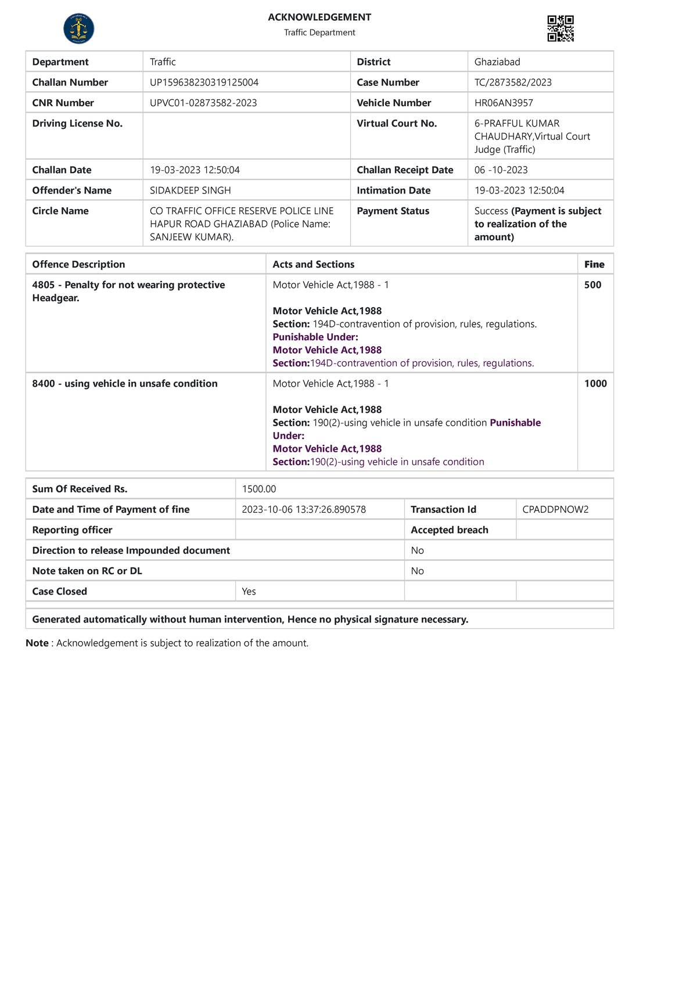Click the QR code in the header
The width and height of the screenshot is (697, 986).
click(x=561, y=28)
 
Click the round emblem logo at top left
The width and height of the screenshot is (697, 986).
click(x=78, y=28)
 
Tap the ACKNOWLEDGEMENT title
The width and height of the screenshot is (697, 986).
click(x=319, y=17)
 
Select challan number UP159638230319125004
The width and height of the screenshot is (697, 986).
click(x=204, y=82)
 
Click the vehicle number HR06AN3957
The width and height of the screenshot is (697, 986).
click(x=503, y=103)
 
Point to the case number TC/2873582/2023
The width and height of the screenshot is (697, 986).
click(x=513, y=82)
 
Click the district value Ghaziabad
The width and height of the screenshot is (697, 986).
click(x=497, y=62)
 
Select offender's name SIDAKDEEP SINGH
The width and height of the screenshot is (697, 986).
click(x=190, y=190)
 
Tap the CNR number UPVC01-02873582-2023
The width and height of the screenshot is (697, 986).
click(x=203, y=103)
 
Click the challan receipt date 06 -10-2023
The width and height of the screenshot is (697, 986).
click(x=501, y=170)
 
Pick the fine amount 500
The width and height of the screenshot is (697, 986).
click(x=592, y=285)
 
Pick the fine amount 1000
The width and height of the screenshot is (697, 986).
click(x=595, y=384)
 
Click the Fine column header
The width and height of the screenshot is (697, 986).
click(x=594, y=264)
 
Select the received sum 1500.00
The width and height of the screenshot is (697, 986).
click(x=258, y=489)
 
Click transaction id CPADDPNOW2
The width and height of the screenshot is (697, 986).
click(x=555, y=509)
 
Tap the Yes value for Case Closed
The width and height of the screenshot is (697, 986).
click(x=249, y=591)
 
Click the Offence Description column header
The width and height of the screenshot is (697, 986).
click(x=78, y=264)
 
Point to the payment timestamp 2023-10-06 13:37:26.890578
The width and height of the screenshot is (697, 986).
click(x=303, y=509)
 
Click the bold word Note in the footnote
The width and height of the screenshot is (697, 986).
click(x=37, y=643)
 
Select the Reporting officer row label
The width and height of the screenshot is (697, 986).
click(x=72, y=530)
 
